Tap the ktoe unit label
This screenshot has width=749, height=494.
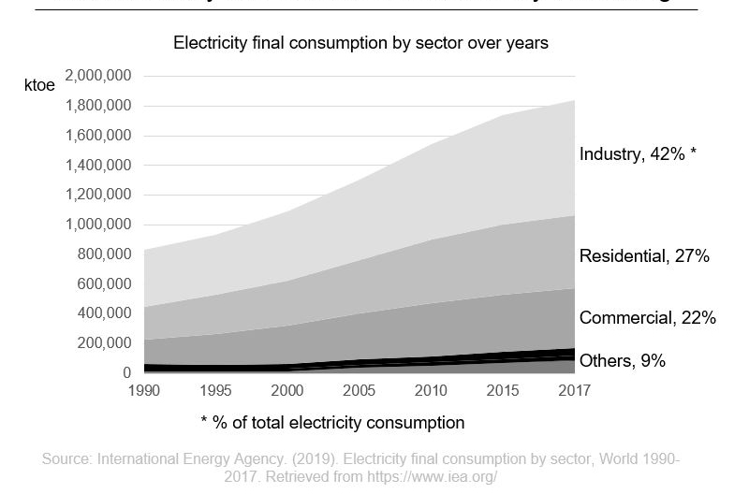click(39, 85)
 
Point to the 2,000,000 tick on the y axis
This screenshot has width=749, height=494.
click(98, 76)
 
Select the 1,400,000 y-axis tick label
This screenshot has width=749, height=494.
click(98, 166)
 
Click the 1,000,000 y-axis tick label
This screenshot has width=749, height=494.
click(98, 225)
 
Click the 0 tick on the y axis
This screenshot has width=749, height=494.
click(126, 373)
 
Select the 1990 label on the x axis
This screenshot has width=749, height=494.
click(145, 391)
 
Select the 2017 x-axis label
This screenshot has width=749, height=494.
click(573, 391)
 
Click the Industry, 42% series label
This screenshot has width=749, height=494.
click(638, 154)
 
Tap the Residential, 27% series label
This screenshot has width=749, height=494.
click(644, 255)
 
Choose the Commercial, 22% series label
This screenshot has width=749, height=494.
click(647, 318)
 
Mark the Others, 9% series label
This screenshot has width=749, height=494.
click(622, 360)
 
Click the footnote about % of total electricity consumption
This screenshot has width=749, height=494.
click(332, 423)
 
